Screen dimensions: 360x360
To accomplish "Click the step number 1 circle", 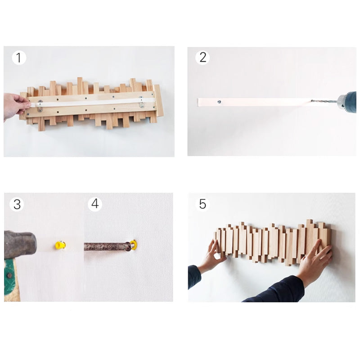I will pyautogui.click(x=18, y=58).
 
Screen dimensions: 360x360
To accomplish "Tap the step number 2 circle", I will pyautogui.click(x=202, y=57).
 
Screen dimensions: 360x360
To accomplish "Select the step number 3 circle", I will pyautogui.click(x=17, y=204).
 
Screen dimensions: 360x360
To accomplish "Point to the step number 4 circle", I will pyautogui.click(x=94, y=204).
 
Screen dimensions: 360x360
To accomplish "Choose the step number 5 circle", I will pyautogui.click(x=202, y=204).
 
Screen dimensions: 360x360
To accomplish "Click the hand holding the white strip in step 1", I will pyautogui.click(x=15, y=106).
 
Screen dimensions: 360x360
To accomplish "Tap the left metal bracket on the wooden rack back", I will pyautogui.click(x=40, y=105).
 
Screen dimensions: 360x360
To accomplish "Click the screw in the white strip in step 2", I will pyautogui.click(x=219, y=102).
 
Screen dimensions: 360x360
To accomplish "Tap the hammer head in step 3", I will pyautogui.click(x=20, y=244).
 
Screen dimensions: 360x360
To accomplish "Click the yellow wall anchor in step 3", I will pyautogui.click(x=60, y=245).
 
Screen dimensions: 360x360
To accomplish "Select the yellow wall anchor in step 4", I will pyautogui.click(x=134, y=245).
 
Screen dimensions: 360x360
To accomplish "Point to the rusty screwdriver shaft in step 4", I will pyautogui.click(x=106, y=247).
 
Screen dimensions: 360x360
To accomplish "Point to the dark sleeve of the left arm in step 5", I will pyautogui.click(x=194, y=276).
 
